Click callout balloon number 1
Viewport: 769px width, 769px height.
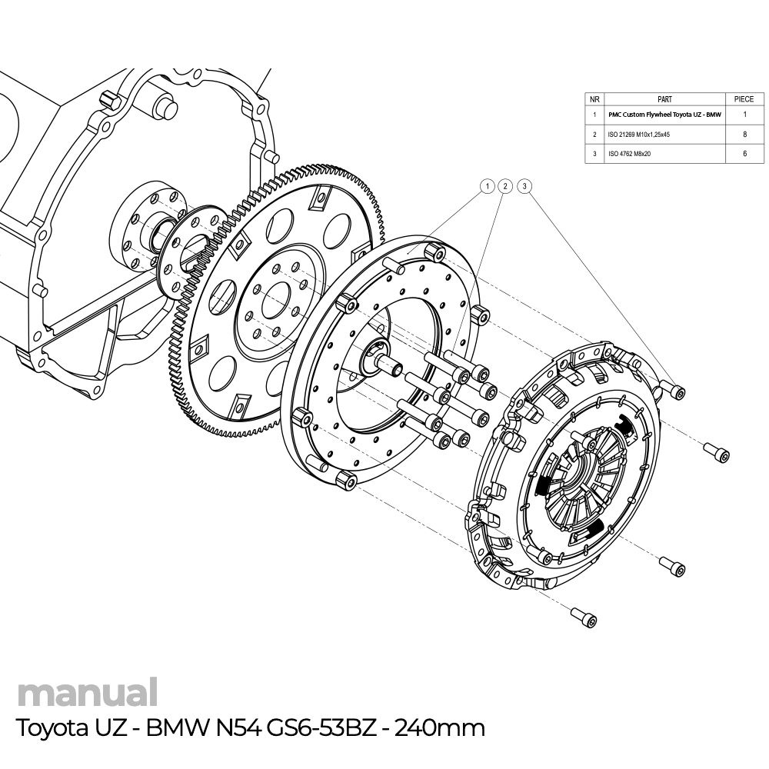click(486, 186)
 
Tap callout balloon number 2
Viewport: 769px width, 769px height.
click(505, 186)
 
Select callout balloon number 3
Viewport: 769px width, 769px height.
click(524, 186)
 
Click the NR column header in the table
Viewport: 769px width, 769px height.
click(595, 99)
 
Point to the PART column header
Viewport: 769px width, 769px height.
click(665, 99)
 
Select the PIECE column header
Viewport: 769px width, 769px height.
click(744, 99)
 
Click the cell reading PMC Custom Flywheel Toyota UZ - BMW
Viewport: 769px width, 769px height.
click(665, 115)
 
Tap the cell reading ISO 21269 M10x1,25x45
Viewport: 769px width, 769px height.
click(638, 134)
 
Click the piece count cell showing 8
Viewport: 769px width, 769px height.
click(744, 134)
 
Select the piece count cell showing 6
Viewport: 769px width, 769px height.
click(744, 154)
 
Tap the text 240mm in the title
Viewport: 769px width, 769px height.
click(439, 727)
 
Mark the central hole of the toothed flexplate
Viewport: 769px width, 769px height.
click(275, 302)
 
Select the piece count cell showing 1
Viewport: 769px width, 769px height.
click(744, 115)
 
